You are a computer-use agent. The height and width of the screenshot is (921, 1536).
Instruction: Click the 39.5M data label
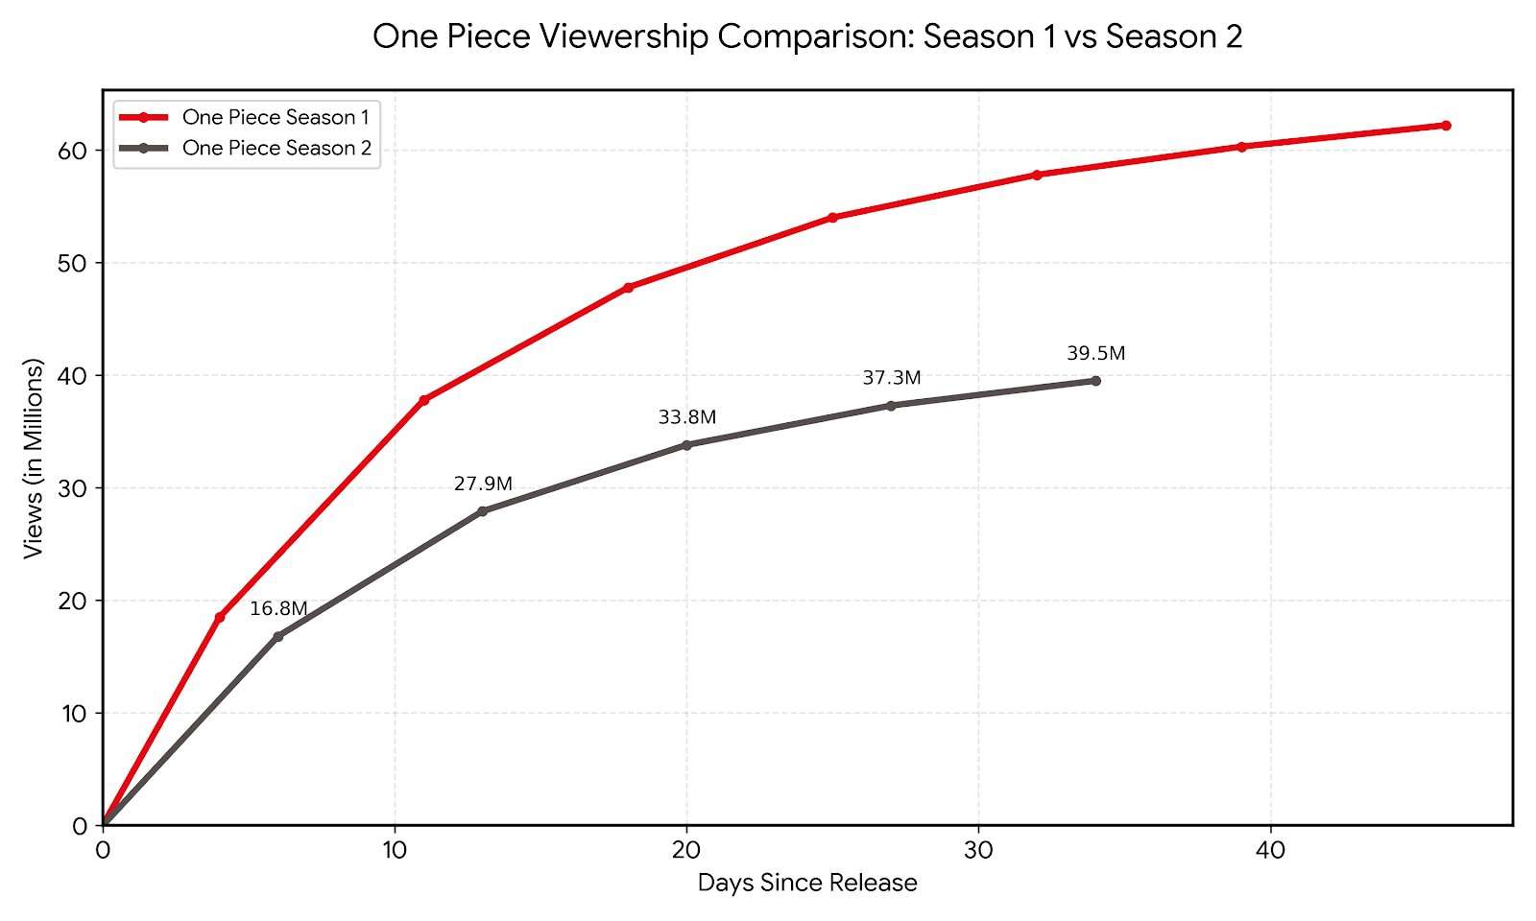[1095, 354]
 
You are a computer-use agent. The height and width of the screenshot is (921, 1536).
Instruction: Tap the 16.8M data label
[278, 609]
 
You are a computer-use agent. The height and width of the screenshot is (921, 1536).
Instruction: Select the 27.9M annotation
[483, 484]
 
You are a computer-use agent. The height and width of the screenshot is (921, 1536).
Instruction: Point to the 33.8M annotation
[686, 417]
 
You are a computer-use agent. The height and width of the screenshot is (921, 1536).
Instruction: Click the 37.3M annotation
[891, 378]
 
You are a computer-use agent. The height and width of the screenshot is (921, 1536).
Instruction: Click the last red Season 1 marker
[1446, 126]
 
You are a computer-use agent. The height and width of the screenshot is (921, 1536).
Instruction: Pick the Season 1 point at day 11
[424, 399]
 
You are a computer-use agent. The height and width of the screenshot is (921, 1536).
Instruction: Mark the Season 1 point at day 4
[220, 617]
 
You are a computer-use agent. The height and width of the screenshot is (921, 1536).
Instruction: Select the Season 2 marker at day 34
[1095, 381]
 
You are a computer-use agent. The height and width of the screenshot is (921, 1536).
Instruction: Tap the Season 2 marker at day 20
[686, 445]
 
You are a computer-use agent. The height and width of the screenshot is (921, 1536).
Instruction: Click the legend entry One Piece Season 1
[276, 117]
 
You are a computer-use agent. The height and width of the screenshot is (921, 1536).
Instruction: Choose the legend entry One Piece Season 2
[276, 149]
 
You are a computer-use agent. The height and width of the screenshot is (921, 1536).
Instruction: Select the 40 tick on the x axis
[1270, 850]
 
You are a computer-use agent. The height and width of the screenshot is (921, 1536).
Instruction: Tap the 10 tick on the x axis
[395, 850]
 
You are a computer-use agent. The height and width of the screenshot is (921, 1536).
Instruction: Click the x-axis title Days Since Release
[807, 883]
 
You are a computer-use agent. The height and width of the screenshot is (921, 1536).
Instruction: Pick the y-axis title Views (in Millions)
[35, 459]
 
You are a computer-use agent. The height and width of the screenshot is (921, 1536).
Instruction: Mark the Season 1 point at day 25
[832, 218]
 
